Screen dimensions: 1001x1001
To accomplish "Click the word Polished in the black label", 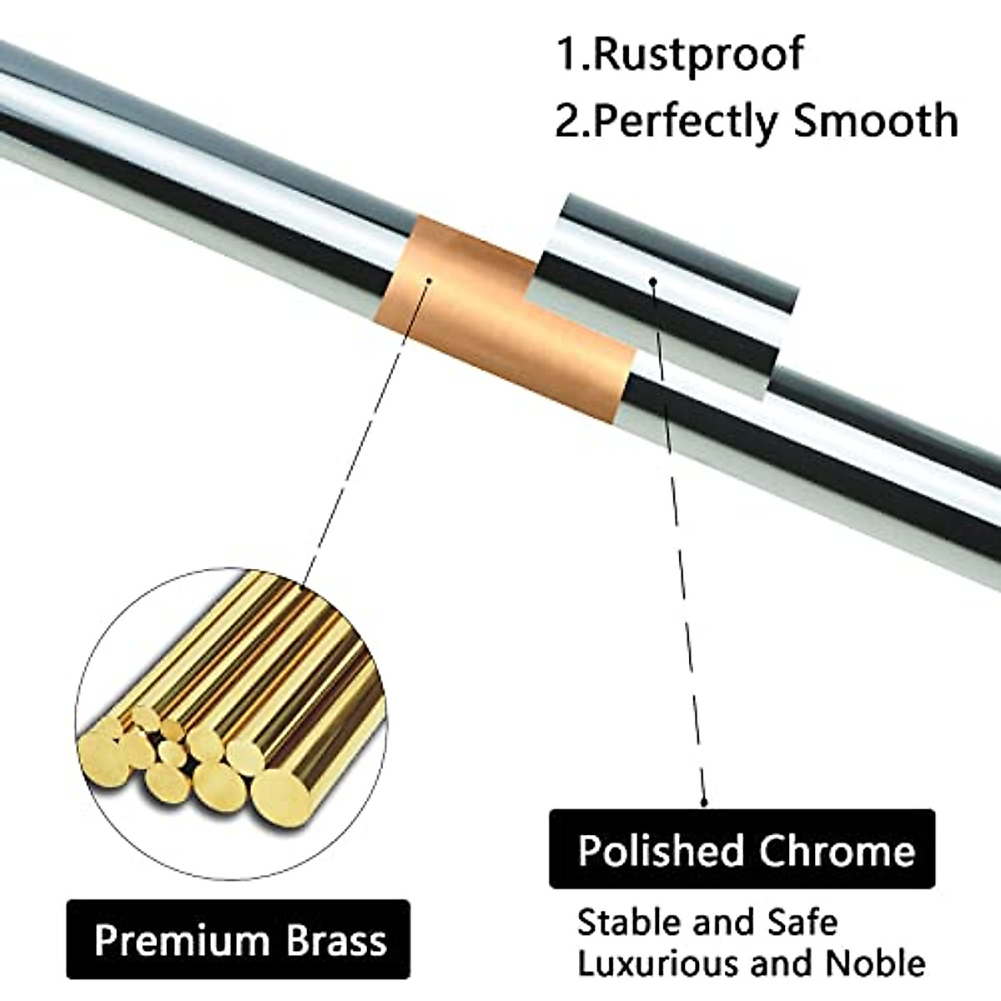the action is [660, 851].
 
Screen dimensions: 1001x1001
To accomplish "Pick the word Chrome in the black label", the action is [837, 851].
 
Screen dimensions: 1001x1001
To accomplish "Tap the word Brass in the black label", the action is [337, 940].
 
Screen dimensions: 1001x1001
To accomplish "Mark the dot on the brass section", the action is [429, 280].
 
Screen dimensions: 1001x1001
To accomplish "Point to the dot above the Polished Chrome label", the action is [706, 802].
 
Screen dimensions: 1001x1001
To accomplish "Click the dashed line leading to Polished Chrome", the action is [680, 542].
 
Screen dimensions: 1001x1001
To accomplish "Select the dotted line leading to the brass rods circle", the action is [367, 434].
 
